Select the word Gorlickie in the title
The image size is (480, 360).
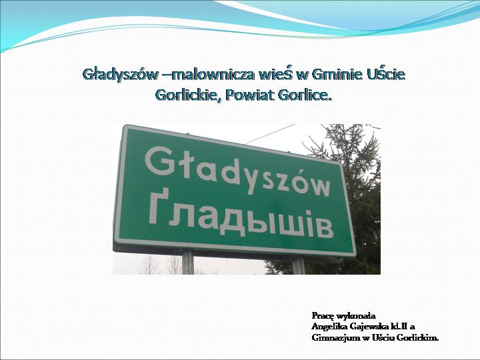click(188, 95)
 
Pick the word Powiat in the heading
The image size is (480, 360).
click(249, 95)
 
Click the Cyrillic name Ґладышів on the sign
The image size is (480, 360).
click(240, 218)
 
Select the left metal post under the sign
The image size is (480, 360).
click(187, 262)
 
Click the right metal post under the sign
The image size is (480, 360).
click(298, 265)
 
